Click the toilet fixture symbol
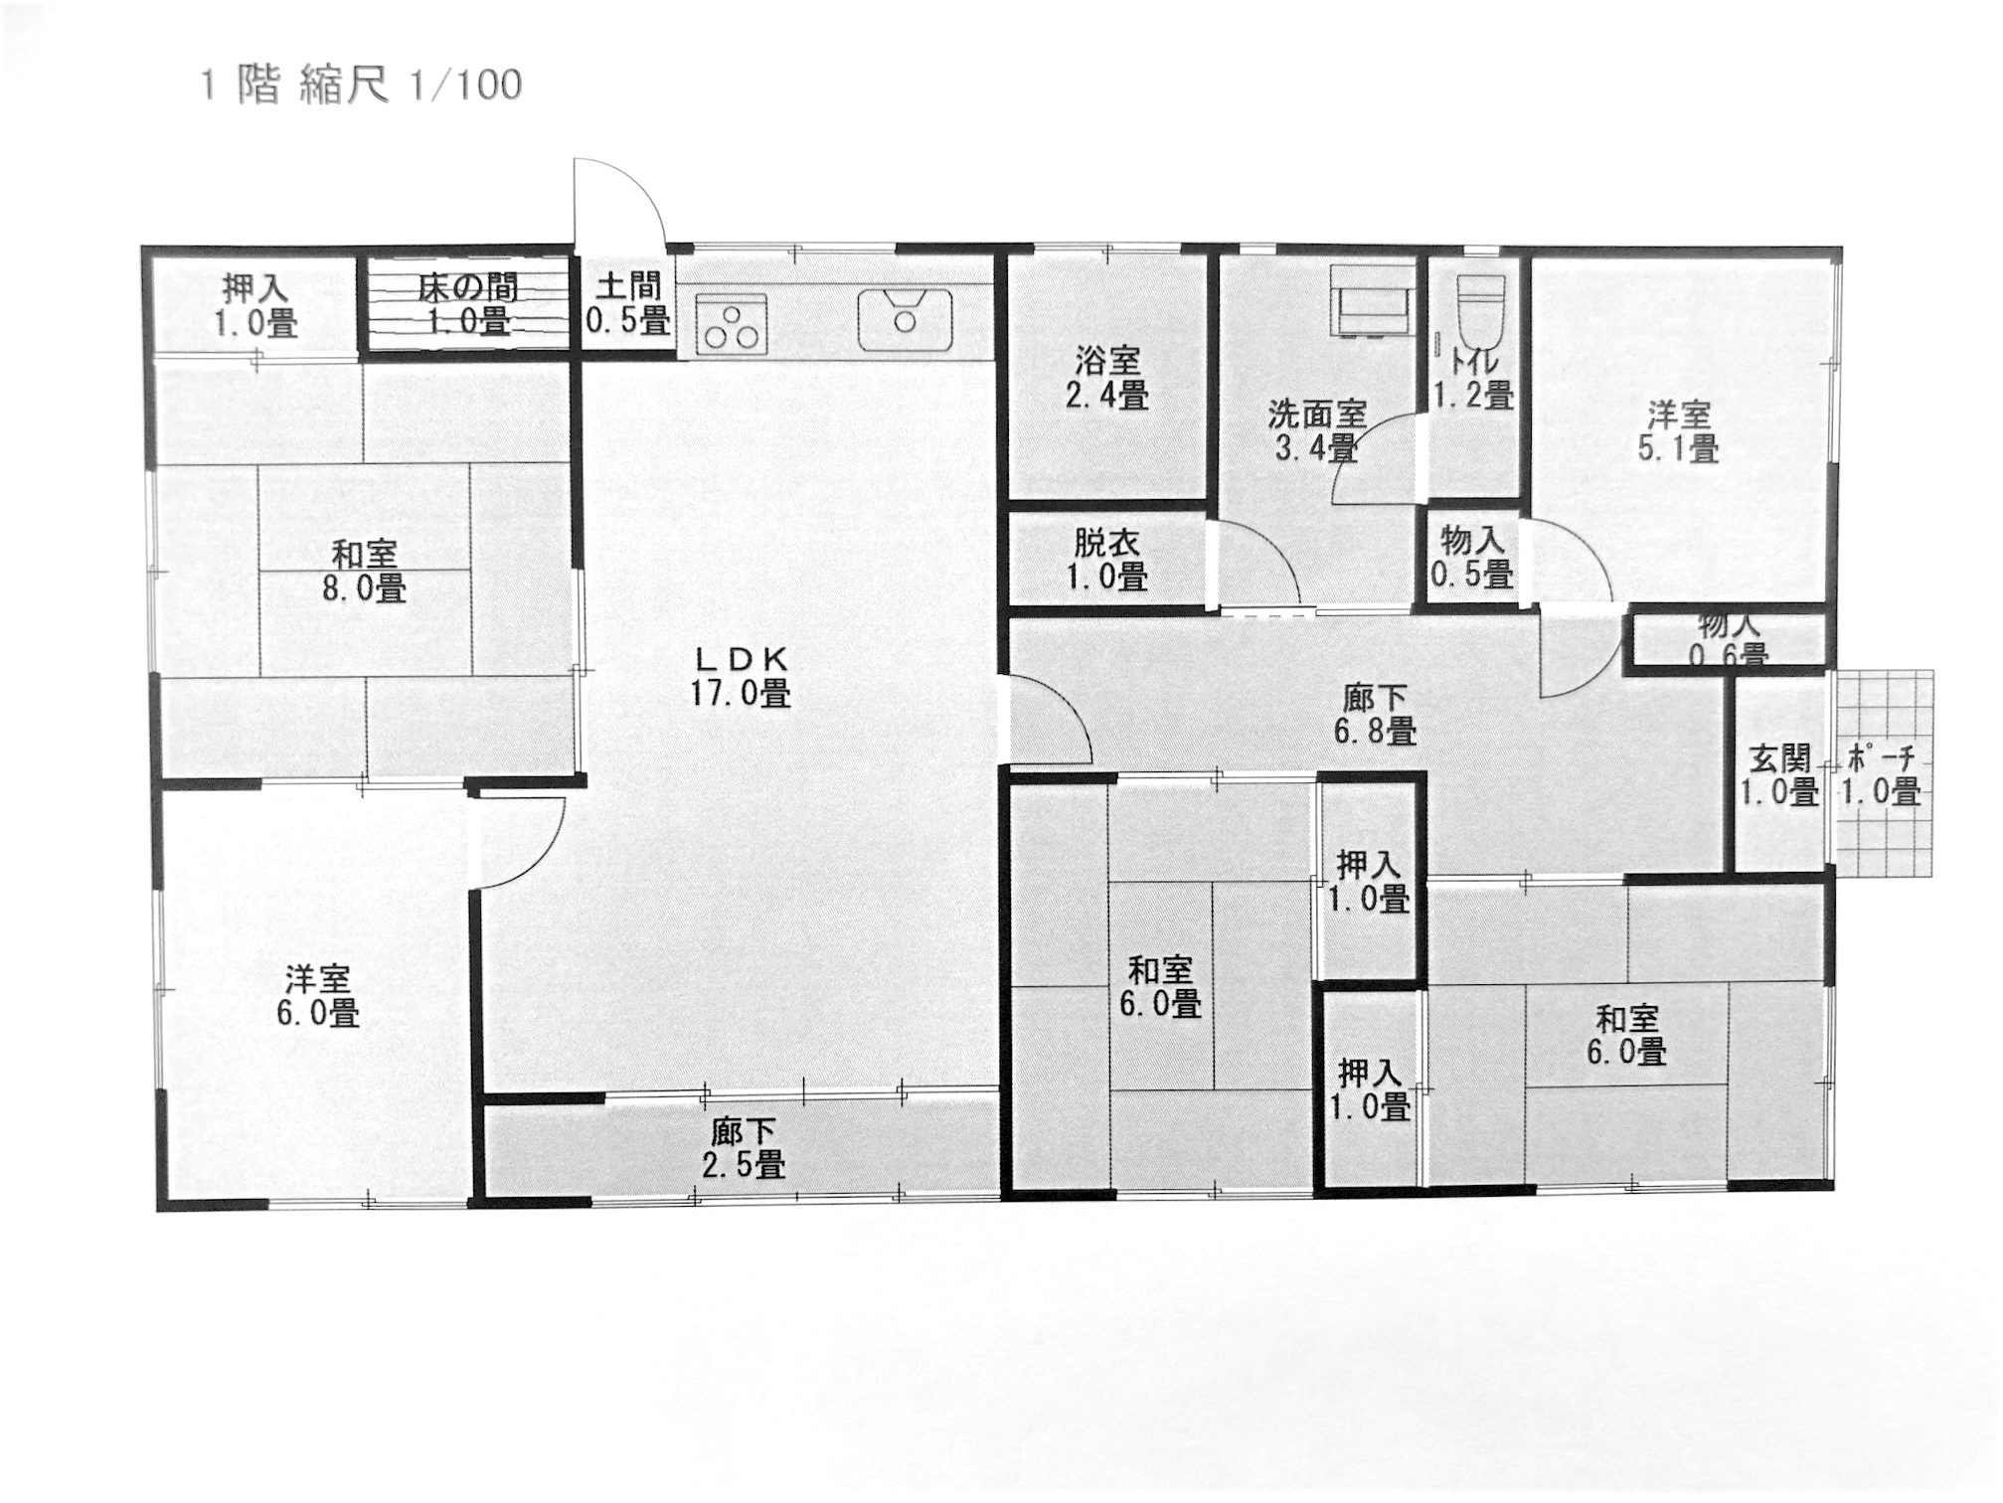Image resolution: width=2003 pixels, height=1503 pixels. coord(1478,305)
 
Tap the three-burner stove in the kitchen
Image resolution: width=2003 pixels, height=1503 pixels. coord(732,323)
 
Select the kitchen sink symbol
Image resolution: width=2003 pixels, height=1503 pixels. coord(906,319)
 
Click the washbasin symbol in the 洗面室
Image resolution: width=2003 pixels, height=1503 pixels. coord(1373,300)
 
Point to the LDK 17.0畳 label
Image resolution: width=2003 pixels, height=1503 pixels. coord(742,675)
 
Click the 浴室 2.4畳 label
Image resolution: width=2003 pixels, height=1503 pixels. coord(1107,377)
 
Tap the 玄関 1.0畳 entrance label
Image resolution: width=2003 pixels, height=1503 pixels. coord(1779,775)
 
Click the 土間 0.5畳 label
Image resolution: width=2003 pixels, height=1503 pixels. coord(628,303)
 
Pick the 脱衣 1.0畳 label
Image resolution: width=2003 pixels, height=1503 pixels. coord(1107,560)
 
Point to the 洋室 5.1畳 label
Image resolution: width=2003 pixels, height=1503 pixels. coord(1678,431)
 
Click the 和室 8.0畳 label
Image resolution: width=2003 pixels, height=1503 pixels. coord(365,571)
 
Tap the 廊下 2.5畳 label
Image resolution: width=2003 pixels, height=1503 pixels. coord(744,1147)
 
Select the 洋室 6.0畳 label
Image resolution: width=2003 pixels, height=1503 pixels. coord(317,996)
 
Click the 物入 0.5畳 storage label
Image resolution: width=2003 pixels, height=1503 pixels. coord(1472,557)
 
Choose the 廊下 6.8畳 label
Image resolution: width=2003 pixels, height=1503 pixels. coord(1375,714)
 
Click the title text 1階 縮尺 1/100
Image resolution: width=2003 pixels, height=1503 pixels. coord(361,85)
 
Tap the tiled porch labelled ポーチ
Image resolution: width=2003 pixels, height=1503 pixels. coord(1883,773)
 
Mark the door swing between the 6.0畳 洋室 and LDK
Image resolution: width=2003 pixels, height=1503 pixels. coord(517,841)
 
